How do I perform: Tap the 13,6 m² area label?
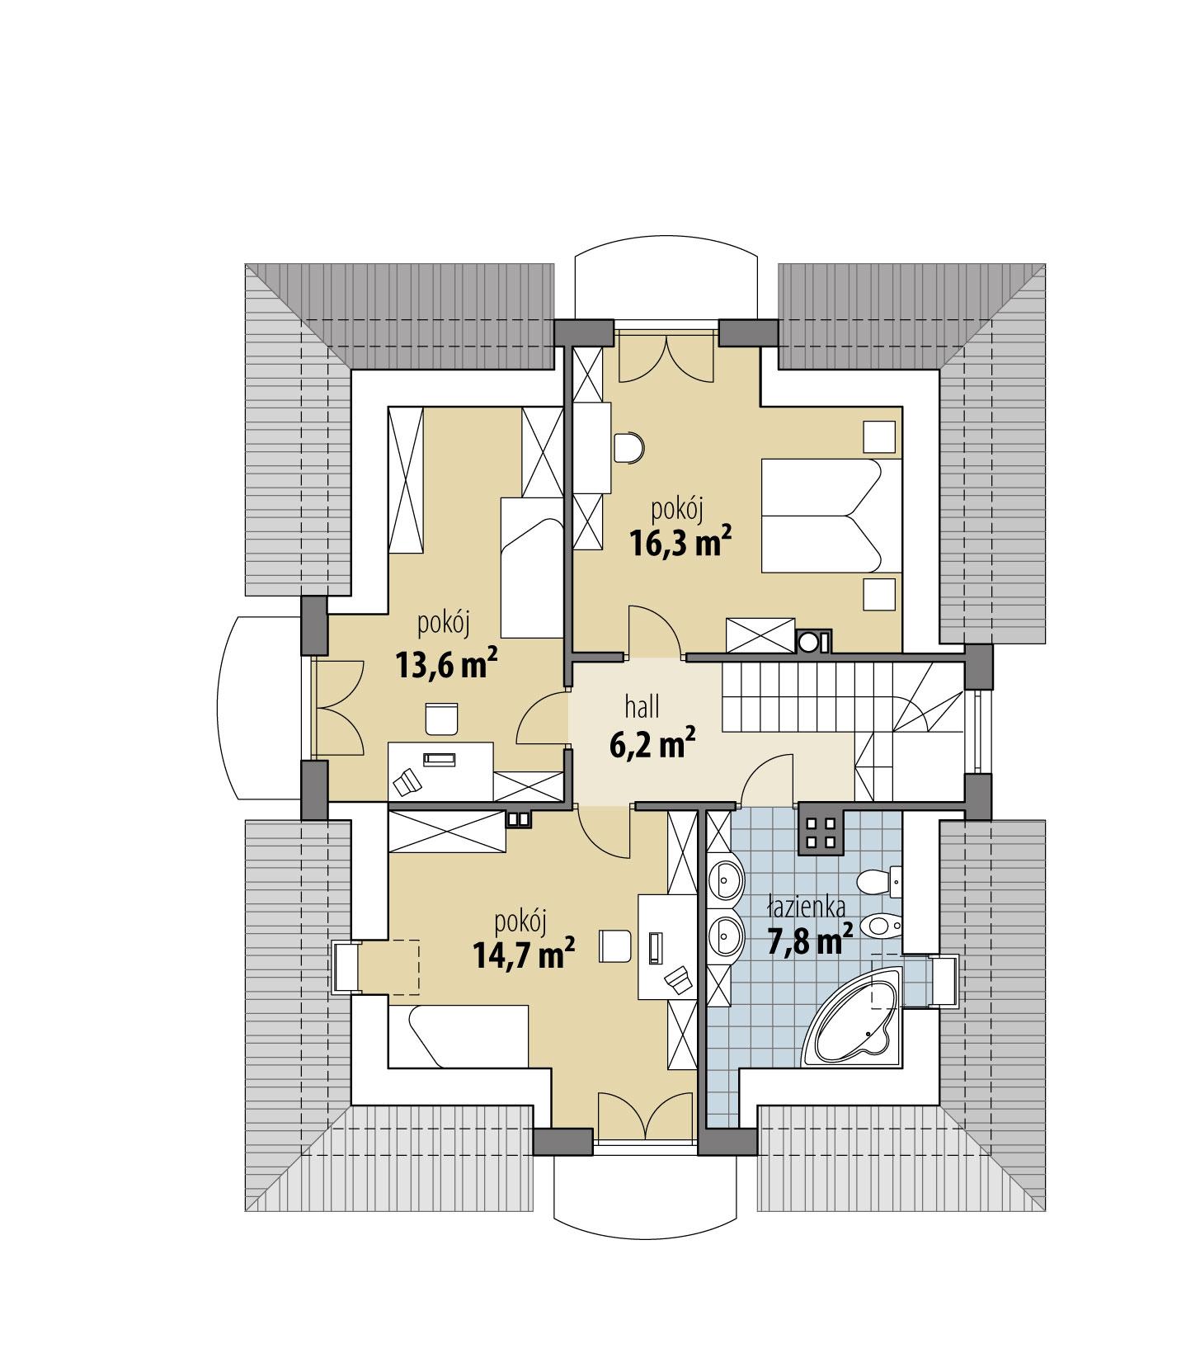tap(445, 664)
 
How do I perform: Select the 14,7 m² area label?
tap(524, 955)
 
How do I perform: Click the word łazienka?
tap(806, 908)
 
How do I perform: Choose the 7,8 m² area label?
tap(810, 941)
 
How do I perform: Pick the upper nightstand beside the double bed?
tap(879, 436)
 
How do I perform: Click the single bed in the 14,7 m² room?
tap(459, 1035)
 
